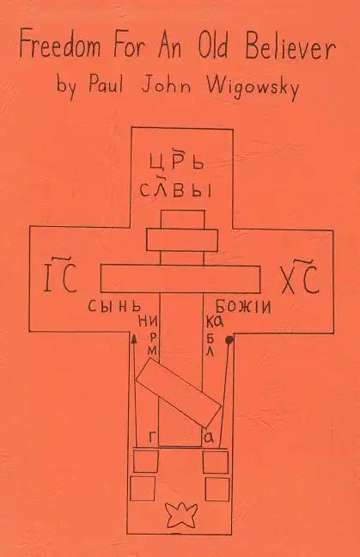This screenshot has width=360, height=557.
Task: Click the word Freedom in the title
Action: click(60, 46)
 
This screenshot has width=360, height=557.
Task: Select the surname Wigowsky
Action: click(253, 87)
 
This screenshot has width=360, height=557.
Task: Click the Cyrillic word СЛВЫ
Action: click(175, 188)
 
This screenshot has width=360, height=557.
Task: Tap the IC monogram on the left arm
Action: click(59, 278)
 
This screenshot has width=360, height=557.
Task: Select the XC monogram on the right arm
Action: click(301, 278)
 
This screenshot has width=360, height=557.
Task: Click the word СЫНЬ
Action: click(114, 306)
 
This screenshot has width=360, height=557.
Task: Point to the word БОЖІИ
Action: click(243, 306)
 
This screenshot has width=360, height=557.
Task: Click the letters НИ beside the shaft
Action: click(147, 323)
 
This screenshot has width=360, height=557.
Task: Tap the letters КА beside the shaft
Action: click(215, 322)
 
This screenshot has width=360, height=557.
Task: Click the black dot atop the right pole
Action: click(229, 340)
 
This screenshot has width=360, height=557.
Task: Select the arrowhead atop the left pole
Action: click(134, 338)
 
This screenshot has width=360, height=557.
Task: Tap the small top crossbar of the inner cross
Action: click(182, 240)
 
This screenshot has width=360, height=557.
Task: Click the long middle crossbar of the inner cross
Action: click(180, 278)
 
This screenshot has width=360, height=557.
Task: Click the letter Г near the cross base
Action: click(152, 437)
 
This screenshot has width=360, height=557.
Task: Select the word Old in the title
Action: click(213, 46)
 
